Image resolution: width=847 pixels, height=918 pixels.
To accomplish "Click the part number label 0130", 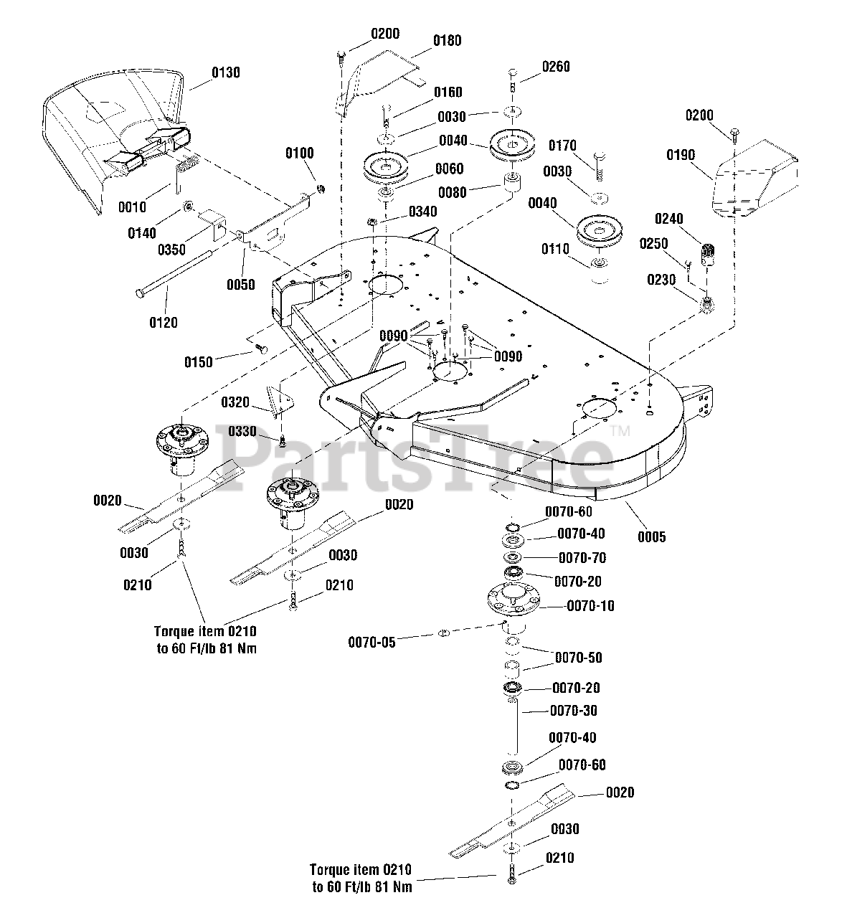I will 226,72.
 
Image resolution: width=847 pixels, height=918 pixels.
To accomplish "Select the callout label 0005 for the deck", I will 651,536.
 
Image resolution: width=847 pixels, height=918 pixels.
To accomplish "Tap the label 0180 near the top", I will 447,40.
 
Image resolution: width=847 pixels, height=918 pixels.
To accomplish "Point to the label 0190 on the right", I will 681,154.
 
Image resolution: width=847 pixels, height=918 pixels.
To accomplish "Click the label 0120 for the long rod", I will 163,323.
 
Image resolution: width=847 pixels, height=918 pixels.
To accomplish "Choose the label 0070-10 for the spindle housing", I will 590,606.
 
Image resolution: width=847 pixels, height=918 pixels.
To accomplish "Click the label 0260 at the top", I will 556,67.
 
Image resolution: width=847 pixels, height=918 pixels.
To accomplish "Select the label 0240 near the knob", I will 668,219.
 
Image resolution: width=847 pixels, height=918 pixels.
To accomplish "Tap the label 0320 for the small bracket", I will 235,402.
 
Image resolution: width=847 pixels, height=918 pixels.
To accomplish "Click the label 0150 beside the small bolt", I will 198,362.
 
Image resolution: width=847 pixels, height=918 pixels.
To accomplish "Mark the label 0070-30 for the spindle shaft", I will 573,711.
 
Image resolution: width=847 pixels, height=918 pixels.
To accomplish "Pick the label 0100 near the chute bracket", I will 300,153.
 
